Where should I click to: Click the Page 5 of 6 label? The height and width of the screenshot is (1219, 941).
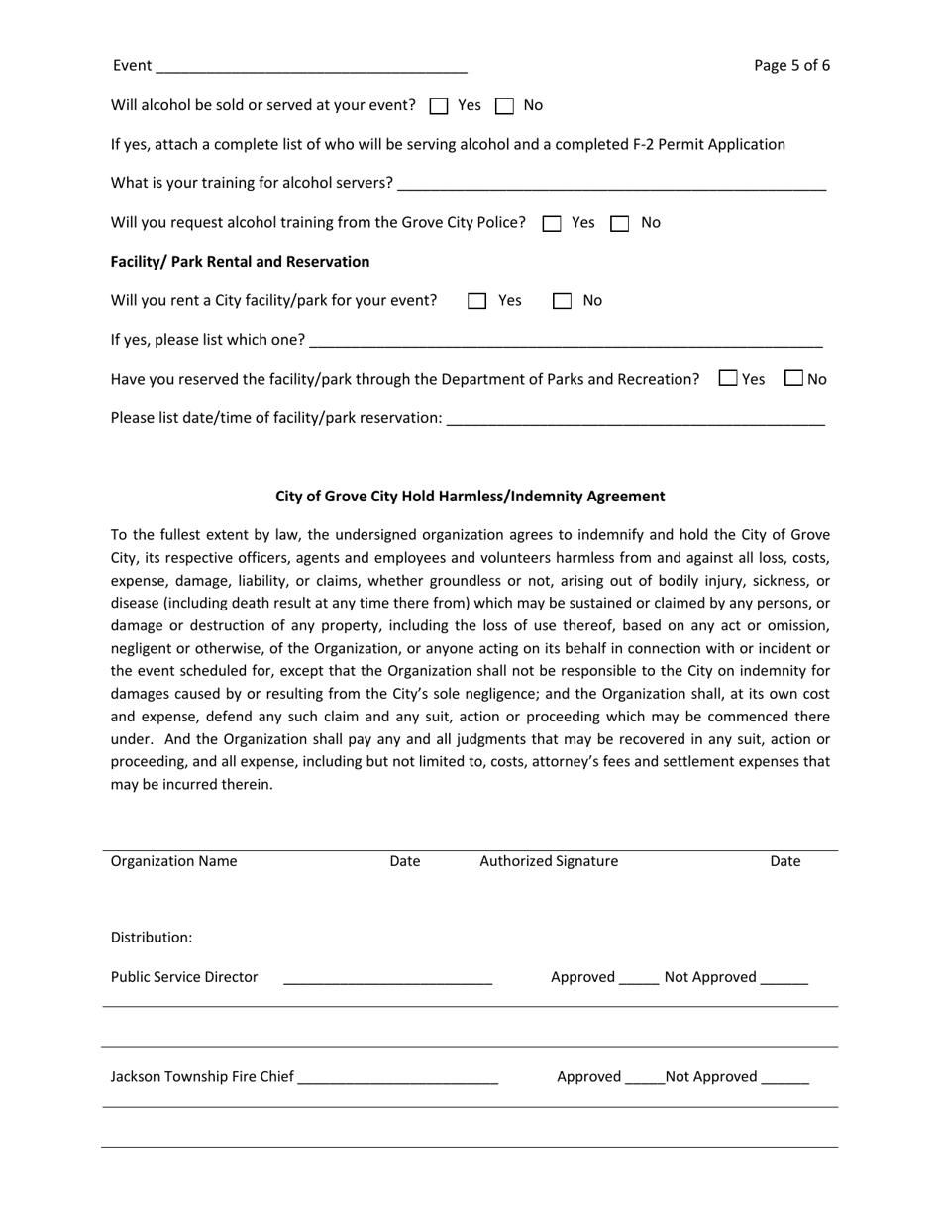pos(791,66)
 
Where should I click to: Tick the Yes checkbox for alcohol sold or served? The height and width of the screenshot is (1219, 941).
pos(440,106)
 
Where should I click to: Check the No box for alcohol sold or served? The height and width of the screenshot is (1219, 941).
pos(505,106)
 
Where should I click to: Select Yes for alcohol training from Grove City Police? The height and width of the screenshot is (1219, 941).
pos(553,224)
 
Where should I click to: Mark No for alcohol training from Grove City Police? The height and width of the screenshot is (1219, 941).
pos(620,224)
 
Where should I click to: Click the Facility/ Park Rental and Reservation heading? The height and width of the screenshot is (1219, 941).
pos(240,262)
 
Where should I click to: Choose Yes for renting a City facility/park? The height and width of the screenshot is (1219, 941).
pos(477,302)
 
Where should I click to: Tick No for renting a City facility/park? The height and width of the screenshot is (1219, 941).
pos(562,302)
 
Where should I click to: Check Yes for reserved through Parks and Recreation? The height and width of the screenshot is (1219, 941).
pos(728,378)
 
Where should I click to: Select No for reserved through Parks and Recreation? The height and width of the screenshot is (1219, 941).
pos(793,378)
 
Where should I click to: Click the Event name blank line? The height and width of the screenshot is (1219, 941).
pos(311,67)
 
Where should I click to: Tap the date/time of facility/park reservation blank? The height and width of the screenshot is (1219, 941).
pos(635,418)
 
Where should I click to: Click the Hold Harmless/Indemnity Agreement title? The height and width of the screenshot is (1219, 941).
pos(470,497)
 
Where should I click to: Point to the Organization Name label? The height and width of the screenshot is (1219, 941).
pos(174,861)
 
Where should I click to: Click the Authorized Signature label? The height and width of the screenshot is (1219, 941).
pos(549,861)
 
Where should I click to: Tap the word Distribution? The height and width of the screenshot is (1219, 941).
pos(152,938)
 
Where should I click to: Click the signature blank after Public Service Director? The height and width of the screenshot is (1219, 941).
pos(387,978)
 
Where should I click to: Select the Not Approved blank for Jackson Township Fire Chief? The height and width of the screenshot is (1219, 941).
pos(785,1078)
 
